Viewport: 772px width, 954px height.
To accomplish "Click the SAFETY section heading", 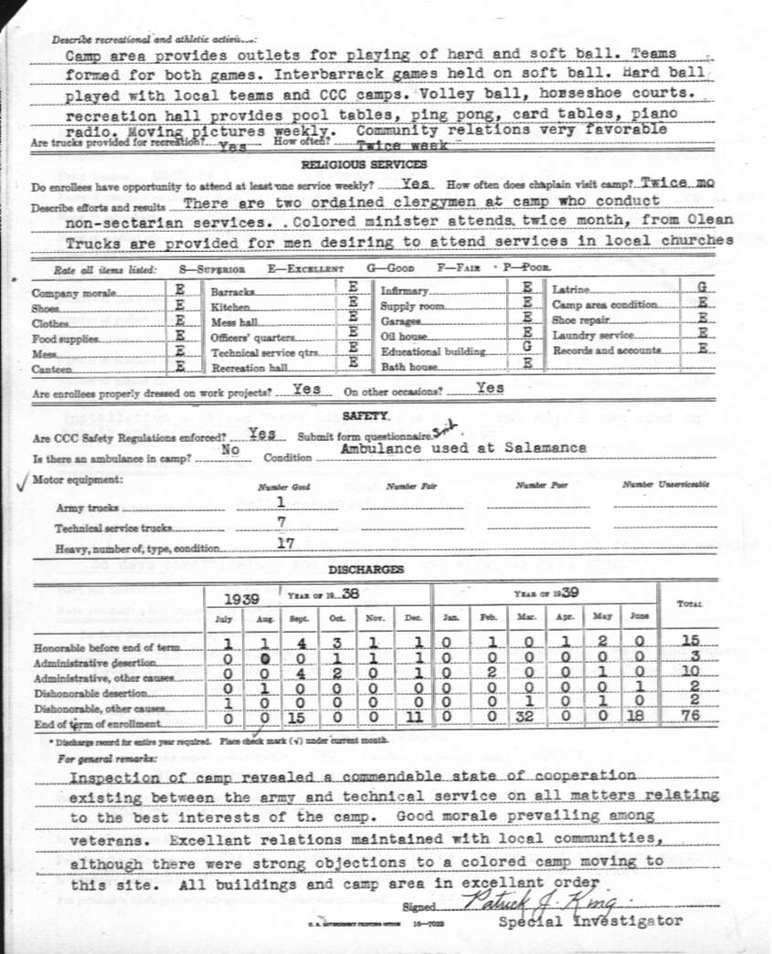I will [x=365, y=415].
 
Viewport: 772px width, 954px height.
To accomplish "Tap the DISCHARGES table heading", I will [x=365, y=570].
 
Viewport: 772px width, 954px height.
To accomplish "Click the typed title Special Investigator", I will [x=590, y=921].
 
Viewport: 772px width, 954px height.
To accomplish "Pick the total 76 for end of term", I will [x=691, y=717].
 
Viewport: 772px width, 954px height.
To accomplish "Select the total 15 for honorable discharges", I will [x=691, y=641].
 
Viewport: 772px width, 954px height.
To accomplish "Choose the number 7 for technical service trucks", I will [x=281, y=522].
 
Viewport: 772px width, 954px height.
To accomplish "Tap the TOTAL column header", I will [x=689, y=603].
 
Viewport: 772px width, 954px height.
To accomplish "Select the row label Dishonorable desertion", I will [x=90, y=693].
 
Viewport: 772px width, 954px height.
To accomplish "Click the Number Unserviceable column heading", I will [x=665, y=485].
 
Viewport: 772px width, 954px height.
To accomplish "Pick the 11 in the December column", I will [x=414, y=717].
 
